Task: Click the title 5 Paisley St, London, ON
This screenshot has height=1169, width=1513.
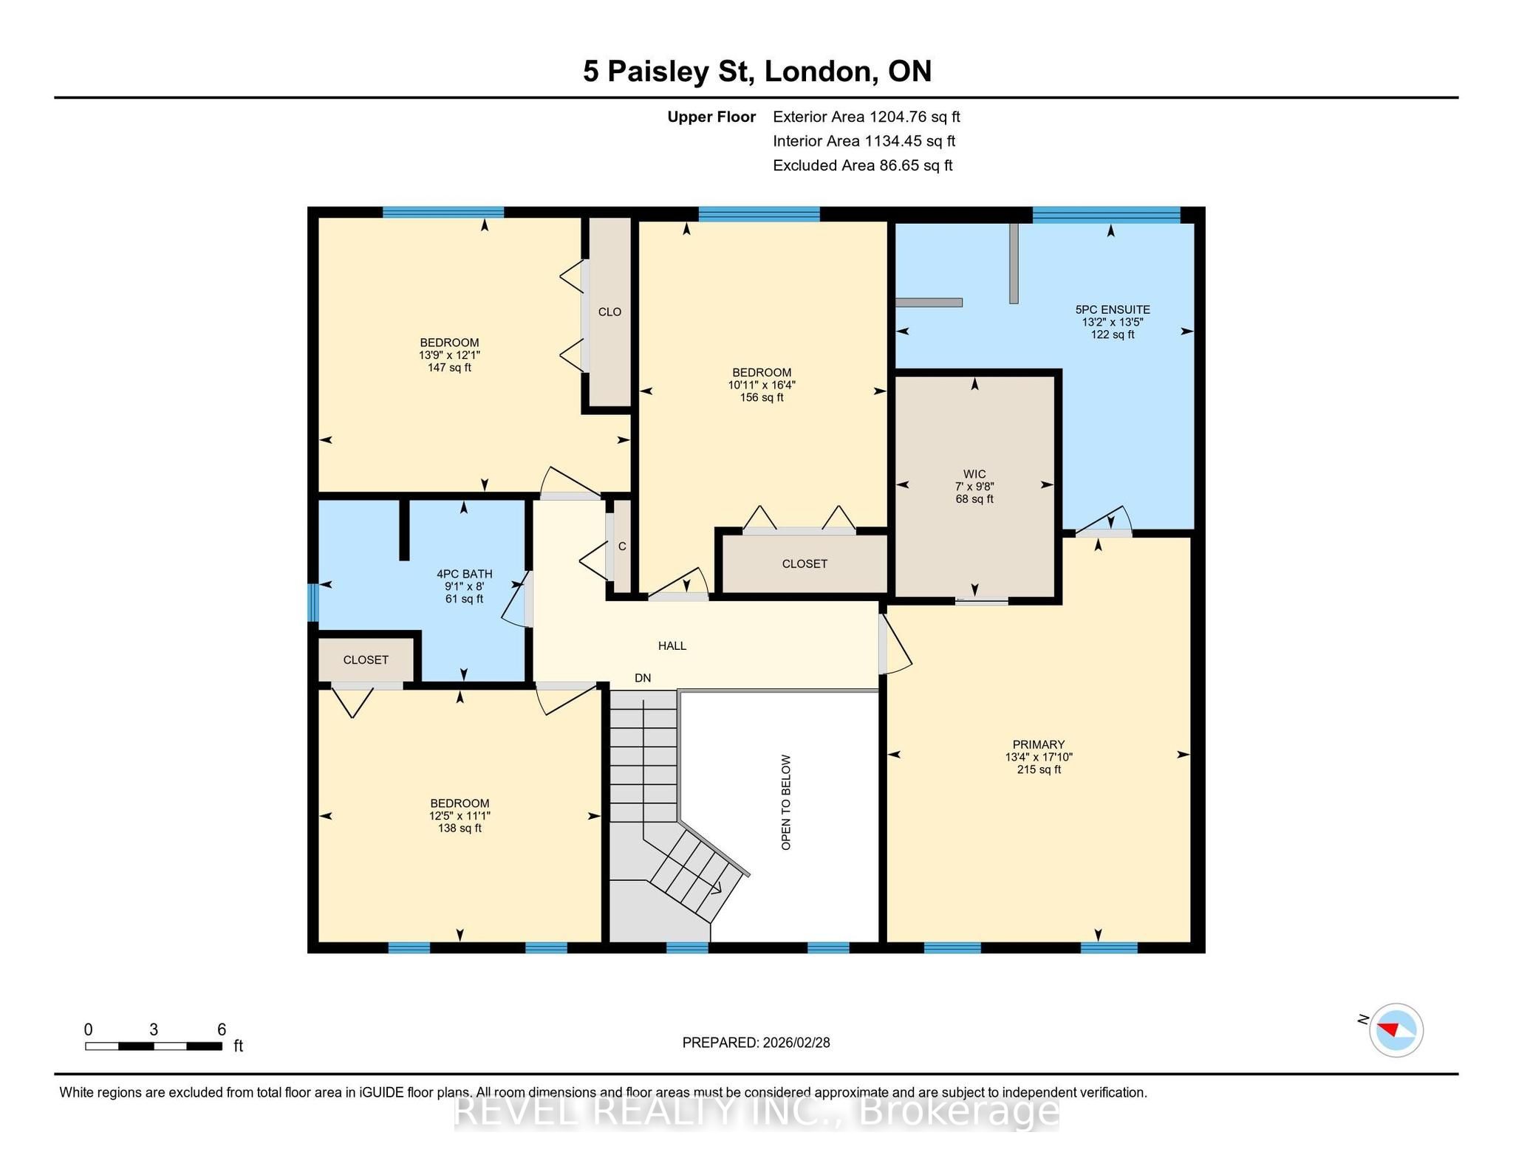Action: [x=757, y=72]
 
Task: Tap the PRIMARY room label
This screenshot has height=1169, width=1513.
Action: [x=1038, y=744]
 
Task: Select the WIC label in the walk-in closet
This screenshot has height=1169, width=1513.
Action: [x=974, y=474]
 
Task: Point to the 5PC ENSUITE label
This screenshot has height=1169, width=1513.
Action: [x=1113, y=309]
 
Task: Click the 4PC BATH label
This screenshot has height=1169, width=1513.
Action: [x=464, y=574]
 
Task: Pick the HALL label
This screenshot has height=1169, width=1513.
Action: [x=672, y=645]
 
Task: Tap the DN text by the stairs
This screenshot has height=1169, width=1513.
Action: [x=643, y=678]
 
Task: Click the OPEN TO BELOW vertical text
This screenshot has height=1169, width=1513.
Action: [x=786, y=802]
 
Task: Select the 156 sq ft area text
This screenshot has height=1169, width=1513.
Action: [x=762, y=397]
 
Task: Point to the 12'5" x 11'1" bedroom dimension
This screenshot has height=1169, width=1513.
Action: [x=460, y=816]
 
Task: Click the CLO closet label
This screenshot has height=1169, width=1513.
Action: [x=609, y=312]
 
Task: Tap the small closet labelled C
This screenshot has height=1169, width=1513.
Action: [x=622, y=546]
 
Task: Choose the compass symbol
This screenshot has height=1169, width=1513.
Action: [x=1396, y=1030]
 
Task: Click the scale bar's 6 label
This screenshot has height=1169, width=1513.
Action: [x=222, y=1029]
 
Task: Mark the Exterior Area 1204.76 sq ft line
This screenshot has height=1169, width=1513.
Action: [x=867, y=117]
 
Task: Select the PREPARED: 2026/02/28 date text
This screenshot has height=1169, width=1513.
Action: [x=756, y=1043]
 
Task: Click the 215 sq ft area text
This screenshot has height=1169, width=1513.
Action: [x=1039, y=769]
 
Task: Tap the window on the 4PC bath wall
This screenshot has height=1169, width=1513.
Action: [x=312, y=603]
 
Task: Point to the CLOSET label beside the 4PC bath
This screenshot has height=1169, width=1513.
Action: [x=366, y=659]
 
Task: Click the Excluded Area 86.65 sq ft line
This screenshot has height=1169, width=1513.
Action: [x=863, y=165]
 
